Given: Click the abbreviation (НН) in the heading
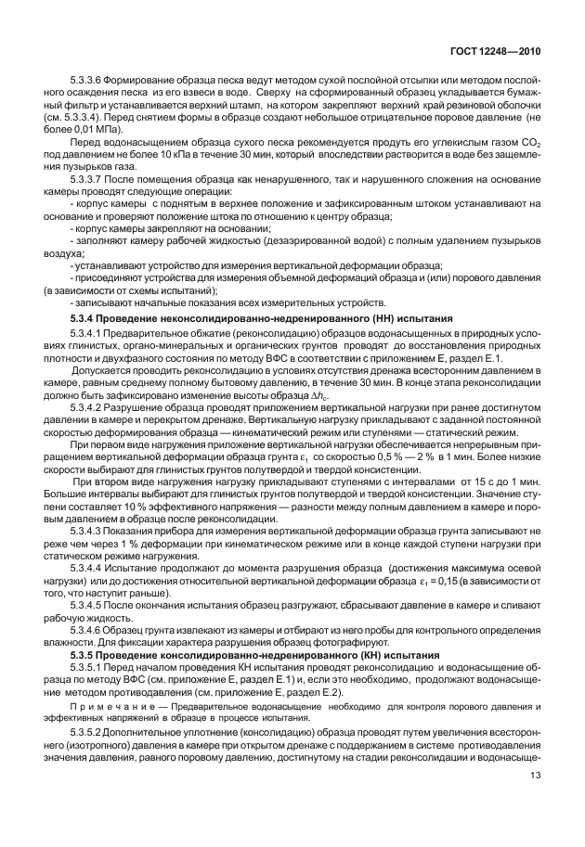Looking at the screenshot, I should click(379, 317).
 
